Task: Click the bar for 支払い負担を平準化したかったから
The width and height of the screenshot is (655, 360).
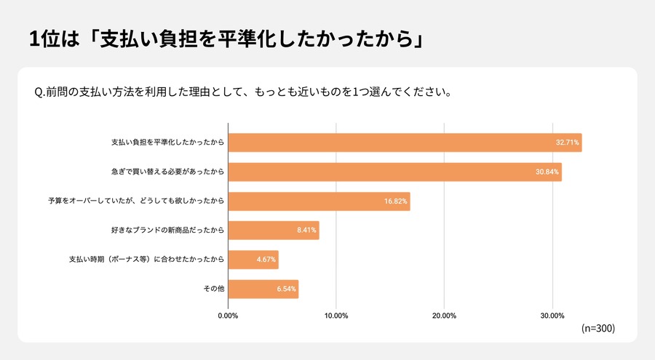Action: [x=405, y=143]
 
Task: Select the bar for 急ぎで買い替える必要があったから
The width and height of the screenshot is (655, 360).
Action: [x=394, y=172]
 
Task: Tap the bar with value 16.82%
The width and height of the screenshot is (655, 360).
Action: [x=319, y=201]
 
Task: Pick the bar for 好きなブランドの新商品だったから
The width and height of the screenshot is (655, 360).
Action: [x=273, y=231]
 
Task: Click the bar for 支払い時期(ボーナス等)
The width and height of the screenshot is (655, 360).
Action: [x=253, y=260]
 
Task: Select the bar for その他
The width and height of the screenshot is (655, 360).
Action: [x=263, y=289]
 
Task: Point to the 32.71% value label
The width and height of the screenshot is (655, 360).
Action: [x=567, y=143]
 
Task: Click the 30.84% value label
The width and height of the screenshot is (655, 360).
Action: [x=547, y=172]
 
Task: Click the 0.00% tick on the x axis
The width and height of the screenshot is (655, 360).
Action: [x=228, y=316]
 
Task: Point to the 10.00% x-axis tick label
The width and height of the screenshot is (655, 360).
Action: [x=336, y=316]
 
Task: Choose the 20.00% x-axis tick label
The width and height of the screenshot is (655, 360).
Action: [x=444, y=316]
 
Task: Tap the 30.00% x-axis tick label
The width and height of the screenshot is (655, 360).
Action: [x=552, y=316]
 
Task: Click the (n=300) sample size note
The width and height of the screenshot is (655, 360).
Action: [x=598, y=329]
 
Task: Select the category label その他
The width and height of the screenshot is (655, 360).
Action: [x=213, y=289]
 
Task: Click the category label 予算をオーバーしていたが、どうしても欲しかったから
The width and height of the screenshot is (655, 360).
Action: [x=135, y=201]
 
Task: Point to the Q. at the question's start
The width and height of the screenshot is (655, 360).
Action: [x=39, y=93]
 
